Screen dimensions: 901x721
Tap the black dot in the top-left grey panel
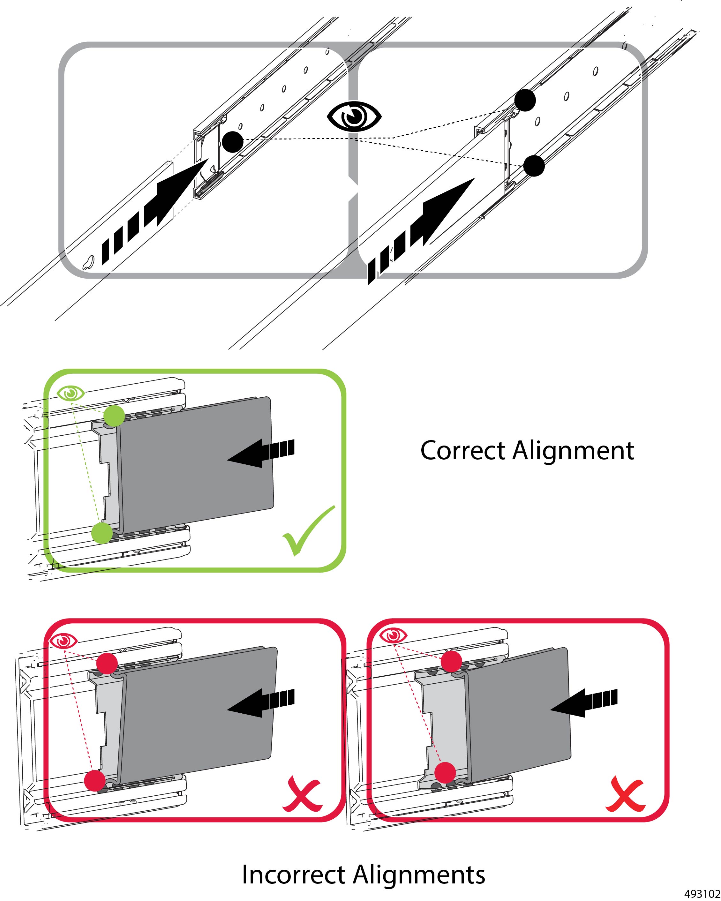232,142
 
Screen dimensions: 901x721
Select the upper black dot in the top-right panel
525,100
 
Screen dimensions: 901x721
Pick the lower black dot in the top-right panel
534,166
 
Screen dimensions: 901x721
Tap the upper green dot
114,416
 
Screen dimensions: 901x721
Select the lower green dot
101,533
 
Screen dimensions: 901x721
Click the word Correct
463,451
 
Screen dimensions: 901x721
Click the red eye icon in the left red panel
63,640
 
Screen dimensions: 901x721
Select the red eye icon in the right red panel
393,636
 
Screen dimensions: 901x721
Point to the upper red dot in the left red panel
107,663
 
